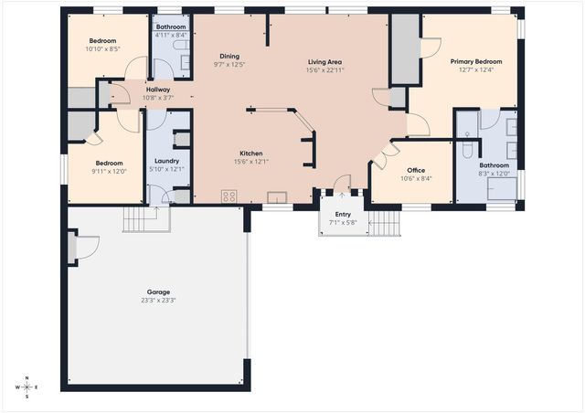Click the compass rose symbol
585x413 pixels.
(x=27, y=387)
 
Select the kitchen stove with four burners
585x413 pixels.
(x=229, y=196)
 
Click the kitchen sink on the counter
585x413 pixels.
(x=275, y=196)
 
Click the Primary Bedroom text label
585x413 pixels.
(x=475, y=61)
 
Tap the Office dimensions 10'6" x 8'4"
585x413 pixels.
(x=416, y=178)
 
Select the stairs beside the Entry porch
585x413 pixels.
(x=387, y=223)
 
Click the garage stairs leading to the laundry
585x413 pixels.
(x=141, y=218)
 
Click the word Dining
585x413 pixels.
(x=229, y=56)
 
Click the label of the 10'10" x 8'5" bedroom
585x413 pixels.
(x=102, y=42)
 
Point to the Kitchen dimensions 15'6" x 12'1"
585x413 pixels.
(x=251, y=162)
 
